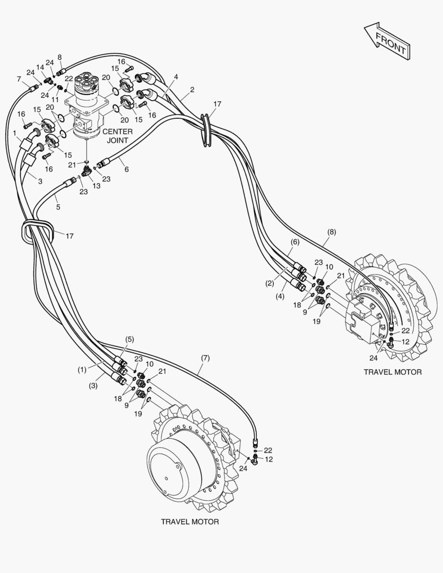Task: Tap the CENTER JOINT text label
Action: [117, 136]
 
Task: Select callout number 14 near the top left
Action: [40, 67]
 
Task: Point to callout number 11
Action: [55, 99]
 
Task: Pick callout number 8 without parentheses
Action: [59, 57]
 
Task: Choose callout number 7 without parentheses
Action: [19, 79]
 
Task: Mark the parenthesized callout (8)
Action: [332, 232]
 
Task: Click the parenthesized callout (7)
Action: [205, 358]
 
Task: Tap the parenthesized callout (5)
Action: [129, 339]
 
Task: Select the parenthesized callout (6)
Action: [295, 241]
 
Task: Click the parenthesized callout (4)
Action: [280, 296]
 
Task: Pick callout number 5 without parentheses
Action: [58, 207]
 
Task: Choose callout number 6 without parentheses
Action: [126, 169]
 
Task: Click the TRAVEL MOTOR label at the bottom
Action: [189, 522]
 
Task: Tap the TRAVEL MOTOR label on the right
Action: [392, 372]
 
